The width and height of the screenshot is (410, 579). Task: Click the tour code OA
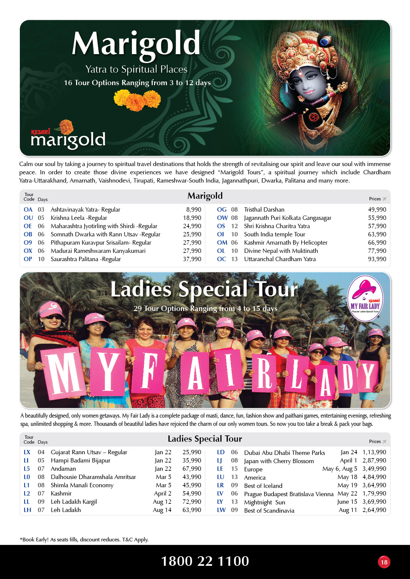pos(28,210)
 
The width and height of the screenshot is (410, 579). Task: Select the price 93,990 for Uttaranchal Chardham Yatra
pos(377,259)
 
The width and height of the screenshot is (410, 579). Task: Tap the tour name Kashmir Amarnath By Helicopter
pos(286,243)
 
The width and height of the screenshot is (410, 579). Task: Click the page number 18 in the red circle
pos(384,562)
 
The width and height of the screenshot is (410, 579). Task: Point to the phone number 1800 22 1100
pos(205,561)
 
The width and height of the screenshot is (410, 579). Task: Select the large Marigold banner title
pos(136,44)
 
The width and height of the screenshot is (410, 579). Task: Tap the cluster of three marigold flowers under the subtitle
pos(137,100)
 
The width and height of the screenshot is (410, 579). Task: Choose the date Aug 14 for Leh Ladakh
pos(162,510)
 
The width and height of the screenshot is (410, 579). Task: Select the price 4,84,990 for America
pos(374,477)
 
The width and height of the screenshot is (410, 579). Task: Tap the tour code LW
pos(221,510)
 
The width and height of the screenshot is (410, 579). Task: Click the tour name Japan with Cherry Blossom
pos(279,461)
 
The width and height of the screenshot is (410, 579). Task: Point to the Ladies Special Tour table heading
pos(205,439)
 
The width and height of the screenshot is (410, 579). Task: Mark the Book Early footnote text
pos(84,539)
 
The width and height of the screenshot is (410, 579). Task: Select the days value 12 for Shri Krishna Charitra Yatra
pos(234,226)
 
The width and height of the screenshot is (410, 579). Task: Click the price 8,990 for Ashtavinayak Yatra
pos(194,210)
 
